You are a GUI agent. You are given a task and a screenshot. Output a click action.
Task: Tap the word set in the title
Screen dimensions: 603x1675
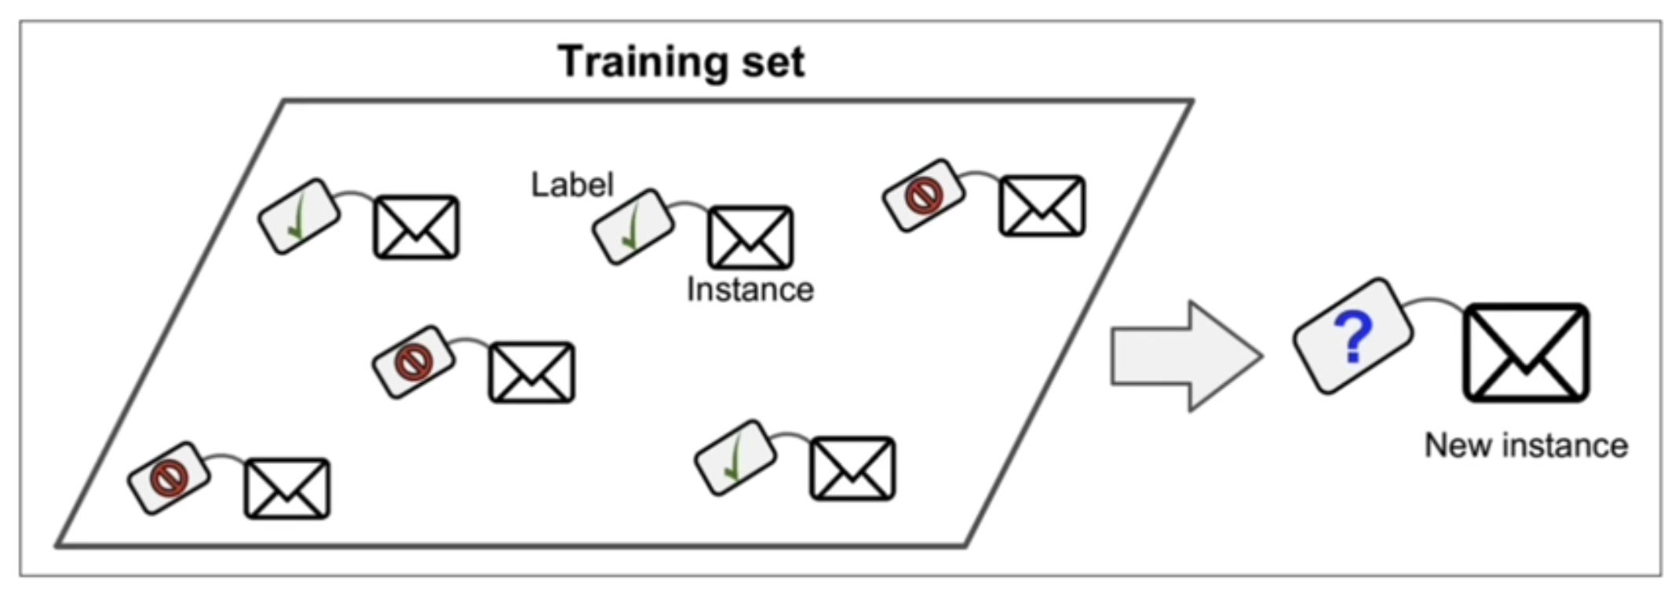pyautogui.click(x=774, y=63)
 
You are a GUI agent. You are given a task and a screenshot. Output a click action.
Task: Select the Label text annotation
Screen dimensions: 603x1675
pyautogui.click(x=572, y=185)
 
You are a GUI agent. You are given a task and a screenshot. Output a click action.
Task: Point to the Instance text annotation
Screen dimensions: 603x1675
pyautogui.click(x=750, y=290)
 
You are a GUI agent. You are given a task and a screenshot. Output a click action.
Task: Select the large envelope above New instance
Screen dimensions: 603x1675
pyautogui.click(x=1526, y=353)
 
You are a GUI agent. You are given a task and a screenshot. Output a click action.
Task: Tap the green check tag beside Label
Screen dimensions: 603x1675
pyautogui.click(x=633, y=226)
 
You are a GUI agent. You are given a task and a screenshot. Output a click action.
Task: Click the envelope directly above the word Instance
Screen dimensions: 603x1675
pyautogui.click(x=750, y=237)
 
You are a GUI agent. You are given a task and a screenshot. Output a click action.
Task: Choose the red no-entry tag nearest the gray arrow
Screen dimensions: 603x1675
pyautogui.click(x=924, y=196)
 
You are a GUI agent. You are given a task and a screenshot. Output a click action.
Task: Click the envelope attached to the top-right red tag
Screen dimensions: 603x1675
pyautogui.click(x=1042, y=206)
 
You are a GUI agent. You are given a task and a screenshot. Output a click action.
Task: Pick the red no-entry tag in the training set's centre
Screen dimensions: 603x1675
pyautogui.click(x=413, y=362)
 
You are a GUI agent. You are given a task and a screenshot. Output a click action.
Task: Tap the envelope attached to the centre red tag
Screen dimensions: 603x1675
pyautogui.click(x=531, y=372)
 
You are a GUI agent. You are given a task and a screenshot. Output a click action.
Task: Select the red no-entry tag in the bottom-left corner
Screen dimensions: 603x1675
pyautogui.click(x=169, y=477)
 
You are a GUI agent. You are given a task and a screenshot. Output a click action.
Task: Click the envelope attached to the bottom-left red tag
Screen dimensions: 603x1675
pyautogui.click(x=287, y=488)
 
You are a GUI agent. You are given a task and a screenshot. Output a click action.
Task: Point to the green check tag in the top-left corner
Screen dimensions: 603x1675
pyautogui.click(x=299, y=216)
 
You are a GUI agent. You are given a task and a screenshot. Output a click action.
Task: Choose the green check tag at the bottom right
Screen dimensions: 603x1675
pyautogui.click(x=735, y=458)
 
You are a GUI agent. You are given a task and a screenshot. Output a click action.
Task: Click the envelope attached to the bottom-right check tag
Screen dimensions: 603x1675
pyautogui.click(x=852, y=468)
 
